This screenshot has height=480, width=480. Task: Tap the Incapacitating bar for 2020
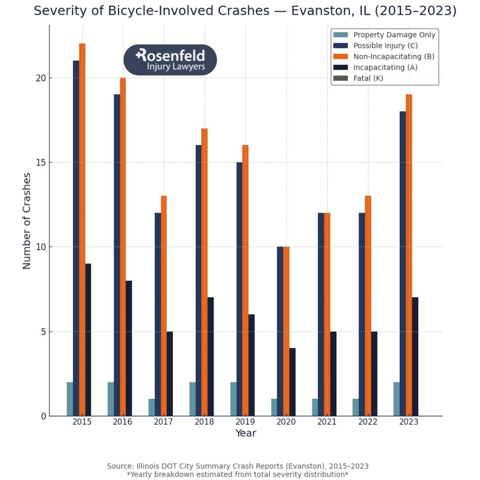pyautogui.click(x=292, y=382)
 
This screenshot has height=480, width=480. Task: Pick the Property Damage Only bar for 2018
pyautogui.click(x=192, y=399)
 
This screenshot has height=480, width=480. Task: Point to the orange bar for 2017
pyautogui.click(x=164, y=306)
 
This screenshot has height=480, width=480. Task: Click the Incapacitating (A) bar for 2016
pyautogui.click(x=129, y=348)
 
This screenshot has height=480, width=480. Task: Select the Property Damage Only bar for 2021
pyautogui.click(x=315, y=408)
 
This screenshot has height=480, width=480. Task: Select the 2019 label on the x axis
pyautogui.click(x=245, y=422)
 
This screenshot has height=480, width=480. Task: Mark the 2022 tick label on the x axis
pyautogui.click(x=367, y=422)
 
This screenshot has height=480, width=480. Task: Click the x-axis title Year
pyautogui.click(x=245, y=433)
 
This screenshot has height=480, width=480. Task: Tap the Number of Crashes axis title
pyautogui.click(x=27, y=220)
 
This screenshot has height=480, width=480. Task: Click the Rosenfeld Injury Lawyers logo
pyautogui.click(x=170, y=60)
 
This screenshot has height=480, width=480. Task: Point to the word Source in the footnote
pyautogui.click(x=120, y=466)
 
